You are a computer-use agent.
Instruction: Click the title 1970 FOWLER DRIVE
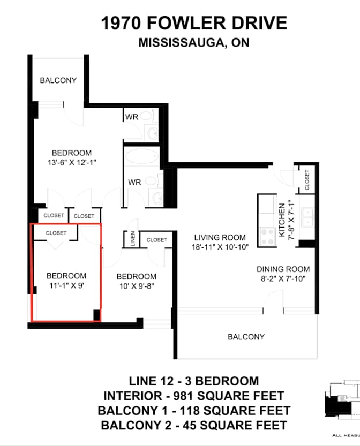[194, 24]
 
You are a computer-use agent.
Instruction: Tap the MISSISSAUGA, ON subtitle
[194, 43]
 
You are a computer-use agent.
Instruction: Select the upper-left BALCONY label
[58, 80]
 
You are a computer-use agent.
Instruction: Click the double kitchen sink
[307, 217]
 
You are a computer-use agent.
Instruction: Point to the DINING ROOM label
[283, 269]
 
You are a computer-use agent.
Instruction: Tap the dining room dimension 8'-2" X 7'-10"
[283, 279]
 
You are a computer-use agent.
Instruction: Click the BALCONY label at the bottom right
[246, 337]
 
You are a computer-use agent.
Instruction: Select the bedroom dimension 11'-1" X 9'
[66, 286]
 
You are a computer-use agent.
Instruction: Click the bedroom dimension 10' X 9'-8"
[137, 286]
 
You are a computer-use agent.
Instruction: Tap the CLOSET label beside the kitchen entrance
[307, 180]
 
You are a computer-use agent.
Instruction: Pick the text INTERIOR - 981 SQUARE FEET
[194, 396]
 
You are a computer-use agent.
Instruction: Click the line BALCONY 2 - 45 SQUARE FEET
[194, 426]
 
